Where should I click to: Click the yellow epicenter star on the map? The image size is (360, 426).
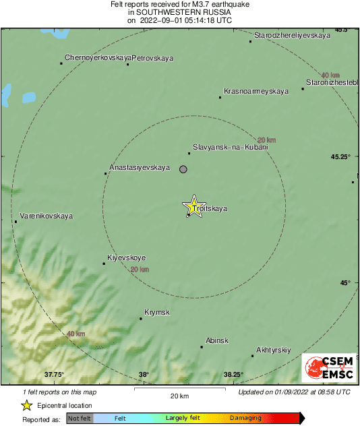click(194, 207)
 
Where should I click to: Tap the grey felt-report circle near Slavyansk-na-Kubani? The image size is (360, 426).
click(183, 169)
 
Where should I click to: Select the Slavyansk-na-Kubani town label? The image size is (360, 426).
click(231, 146)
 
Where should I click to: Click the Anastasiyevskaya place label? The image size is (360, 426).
click(140, 167)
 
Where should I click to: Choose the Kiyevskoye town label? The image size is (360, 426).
click(127, 258)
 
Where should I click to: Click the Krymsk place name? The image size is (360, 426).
click(157, 313)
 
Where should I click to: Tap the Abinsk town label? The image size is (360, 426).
click(217, 341)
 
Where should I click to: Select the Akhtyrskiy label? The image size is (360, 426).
click(273, 349)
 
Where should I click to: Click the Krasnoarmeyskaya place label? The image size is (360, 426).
click(256, 91)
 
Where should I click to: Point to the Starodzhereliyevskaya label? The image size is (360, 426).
click(292, 35)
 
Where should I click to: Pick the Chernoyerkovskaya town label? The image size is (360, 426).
click(97, 58)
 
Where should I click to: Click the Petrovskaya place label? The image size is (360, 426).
click(152, 58)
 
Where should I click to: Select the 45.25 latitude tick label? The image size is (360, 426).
click(340, 156)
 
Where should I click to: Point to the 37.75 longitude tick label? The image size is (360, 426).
click(54, 375)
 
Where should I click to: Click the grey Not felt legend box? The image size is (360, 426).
click(80, 418)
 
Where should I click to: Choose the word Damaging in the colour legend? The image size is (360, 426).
click(245, 418)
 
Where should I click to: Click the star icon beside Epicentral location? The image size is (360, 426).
click(26, 405)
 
